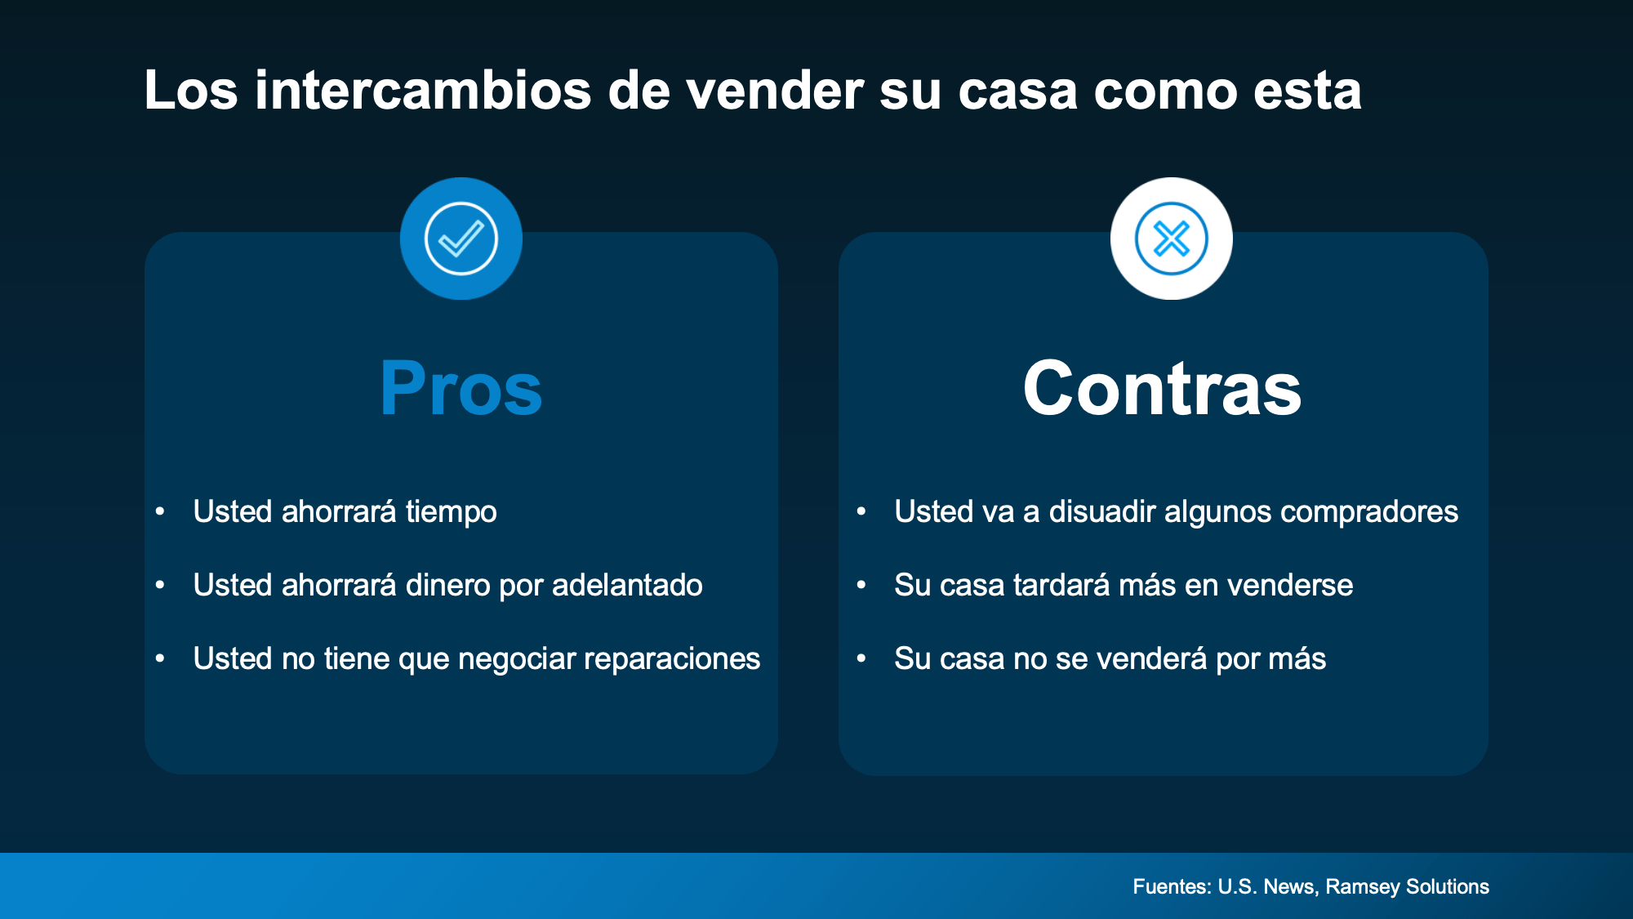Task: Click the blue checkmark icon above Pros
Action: (461, 239)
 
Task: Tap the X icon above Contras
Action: (1172, 239)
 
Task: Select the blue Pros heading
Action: (461, 389)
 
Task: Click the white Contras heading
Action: (1162, 389)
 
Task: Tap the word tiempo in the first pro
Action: (451, 512)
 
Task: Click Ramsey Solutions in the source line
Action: (1408, 887)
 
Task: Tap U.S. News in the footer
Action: (1268, 887)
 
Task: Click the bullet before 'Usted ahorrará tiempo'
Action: (160, 512)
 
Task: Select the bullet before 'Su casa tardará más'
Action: (861, 585)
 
